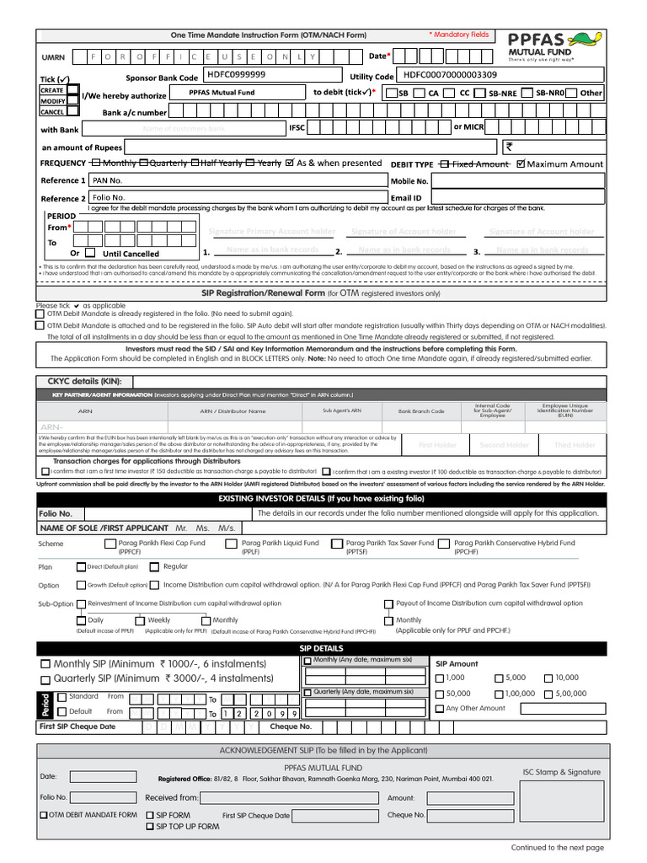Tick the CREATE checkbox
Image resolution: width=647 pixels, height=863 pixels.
[x=73, y=89]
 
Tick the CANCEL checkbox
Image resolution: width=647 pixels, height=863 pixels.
[x=73, y=111]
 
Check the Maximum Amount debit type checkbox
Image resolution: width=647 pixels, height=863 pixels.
[x=520, y=163]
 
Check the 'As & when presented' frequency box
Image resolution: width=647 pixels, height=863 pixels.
[x=291, y=163]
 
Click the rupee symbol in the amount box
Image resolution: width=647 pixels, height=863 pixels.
[x=510, y=147]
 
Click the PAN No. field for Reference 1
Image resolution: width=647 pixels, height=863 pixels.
[x=236, y=180]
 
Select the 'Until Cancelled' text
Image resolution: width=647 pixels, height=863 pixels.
[x=131, y=254]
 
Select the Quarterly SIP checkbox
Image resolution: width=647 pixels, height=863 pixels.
[x=45, y=678]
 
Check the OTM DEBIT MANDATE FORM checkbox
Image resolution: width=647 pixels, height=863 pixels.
[x=44, y=815]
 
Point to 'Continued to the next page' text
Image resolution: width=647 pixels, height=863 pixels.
[x=557, y=847]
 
